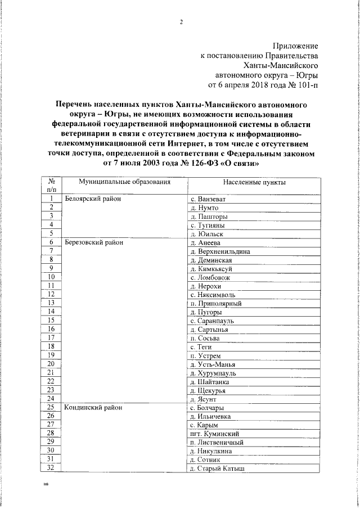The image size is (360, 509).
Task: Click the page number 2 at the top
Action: pyautogui.click(x=181, y=22)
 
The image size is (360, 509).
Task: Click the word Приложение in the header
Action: pyautogui.click(x=295, y=46)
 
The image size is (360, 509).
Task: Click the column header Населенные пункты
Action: pyautogui.click(x=254, y=183)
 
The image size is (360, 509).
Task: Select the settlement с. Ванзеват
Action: pyautogui.click(x=208, y=199)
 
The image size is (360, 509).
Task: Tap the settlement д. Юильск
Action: pyautogui.click(x=207, y=233)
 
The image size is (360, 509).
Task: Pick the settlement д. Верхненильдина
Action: pyautogui.click(x=220, y=251)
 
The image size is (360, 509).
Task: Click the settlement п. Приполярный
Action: pyautogui.click(x=216, y=304)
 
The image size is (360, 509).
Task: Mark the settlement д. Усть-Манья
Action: pyautogui.click(x=214, y=364)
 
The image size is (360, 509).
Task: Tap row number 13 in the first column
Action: pyautogui.click(x=51, y=303)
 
